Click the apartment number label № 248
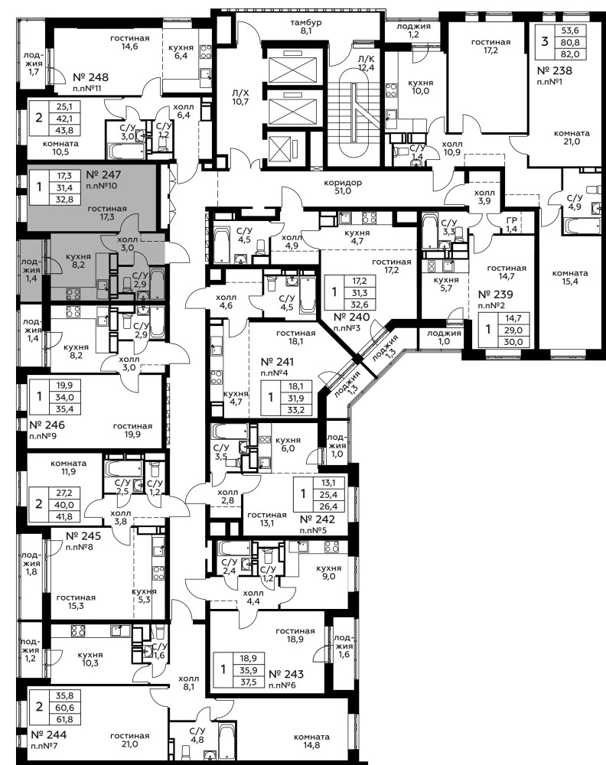91,77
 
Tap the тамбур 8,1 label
306,26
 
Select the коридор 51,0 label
343,187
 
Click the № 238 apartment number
554,70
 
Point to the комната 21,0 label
572,137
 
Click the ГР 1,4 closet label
511,225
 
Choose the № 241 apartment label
278,362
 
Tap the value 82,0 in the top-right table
570,54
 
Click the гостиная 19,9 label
132,430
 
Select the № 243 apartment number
286,674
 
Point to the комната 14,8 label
311,741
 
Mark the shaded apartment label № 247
103,174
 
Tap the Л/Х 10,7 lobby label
240,98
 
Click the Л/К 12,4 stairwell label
366,63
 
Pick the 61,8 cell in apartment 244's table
64,719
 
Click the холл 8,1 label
189,682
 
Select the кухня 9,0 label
328,572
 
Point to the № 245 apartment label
83,535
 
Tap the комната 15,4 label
570,277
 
